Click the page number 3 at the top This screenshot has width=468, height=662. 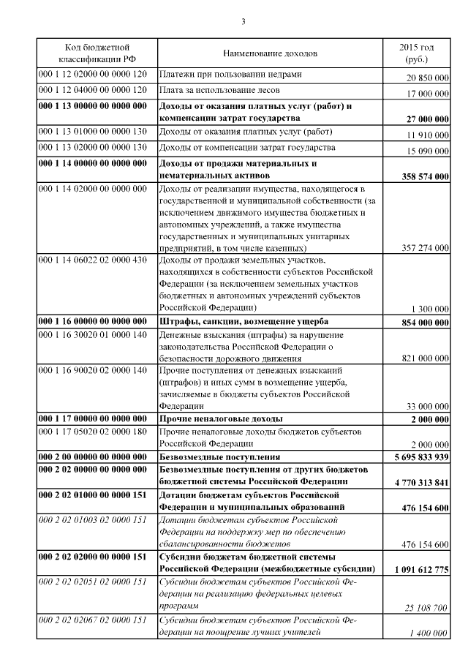point(243,20)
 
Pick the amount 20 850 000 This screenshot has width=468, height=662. point(427,78)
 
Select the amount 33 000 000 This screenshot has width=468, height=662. point(427,407)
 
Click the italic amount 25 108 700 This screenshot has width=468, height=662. point(426,607)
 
